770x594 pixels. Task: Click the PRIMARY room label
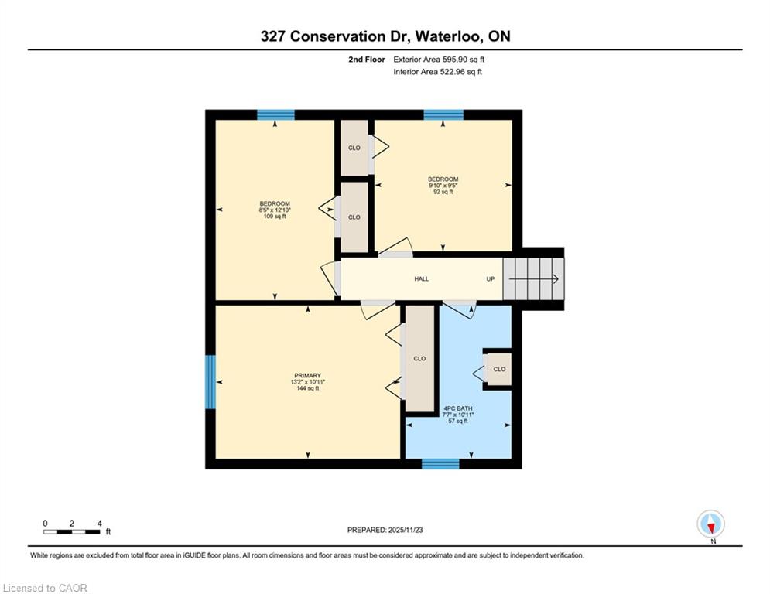(x=307, y=376)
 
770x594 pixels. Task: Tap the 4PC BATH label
(x=457, y=408)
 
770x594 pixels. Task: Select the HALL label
(x=421, y=279)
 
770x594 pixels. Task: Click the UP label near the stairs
(x=490, y=279)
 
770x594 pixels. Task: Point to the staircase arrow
(x=534, y=279)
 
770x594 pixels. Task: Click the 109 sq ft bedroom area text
(x=275, y=217)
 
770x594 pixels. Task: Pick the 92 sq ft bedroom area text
(x=443, y=192)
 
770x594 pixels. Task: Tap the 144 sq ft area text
(x=307, y=388)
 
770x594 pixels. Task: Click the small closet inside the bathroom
(x=498, y=369)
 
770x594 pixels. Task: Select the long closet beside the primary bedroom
(x=419, y=358)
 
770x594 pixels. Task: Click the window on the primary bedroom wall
(x=210, y=382)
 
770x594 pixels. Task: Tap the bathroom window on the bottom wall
(x=440, y=464)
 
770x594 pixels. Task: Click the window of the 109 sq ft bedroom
(x=276, y=115)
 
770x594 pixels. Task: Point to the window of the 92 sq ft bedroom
(x=443, y=115)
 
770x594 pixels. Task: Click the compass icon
(x=710, y=524)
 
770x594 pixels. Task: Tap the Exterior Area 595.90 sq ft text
(x=439, y=60)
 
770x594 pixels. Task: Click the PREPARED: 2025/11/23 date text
(x=385, y=530)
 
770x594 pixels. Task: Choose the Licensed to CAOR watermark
(x=45, y=588)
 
